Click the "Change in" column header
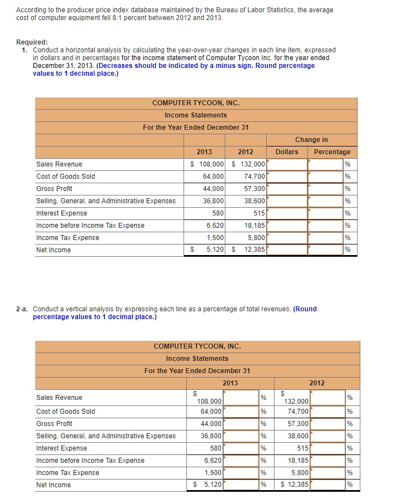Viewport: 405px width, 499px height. (x=311, y=140)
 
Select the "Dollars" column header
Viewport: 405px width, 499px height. (x=287, y=152)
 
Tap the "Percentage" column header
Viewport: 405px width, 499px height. (x=332, y=152)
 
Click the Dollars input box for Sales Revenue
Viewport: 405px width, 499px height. (x=287, y=164)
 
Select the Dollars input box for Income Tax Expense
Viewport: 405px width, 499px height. (x=287, y=238)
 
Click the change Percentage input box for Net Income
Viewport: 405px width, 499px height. (x=326, y=250)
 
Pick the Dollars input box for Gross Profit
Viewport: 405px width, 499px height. (x=287, y=189)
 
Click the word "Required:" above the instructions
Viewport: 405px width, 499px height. (x=32, y=42)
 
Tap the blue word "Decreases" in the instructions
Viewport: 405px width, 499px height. (x=115, y=66)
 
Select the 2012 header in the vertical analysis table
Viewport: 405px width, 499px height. (x=316, y=383)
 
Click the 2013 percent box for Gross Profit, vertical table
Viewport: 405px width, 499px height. (x=241, y=424)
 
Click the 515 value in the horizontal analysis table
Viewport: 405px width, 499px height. (x=257, y=213)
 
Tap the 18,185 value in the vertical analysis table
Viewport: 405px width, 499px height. (x=296, y=461)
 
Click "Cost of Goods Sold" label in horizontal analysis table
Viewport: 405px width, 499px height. (x=65, y=177)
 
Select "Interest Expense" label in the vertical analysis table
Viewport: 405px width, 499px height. (x=61, y=448)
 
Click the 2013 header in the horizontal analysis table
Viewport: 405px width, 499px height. (x=204, y=152)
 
